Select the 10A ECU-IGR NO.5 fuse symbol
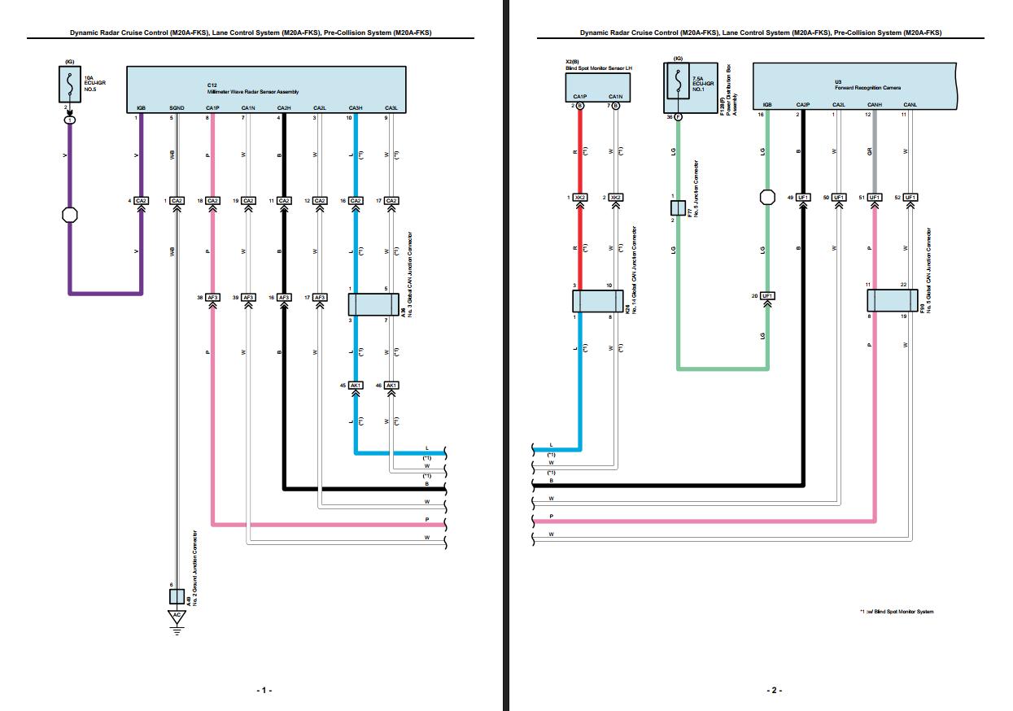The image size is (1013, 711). tap(70, 83)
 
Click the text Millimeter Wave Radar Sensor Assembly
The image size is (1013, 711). tap(252, 92)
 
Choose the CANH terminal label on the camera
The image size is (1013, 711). tap(875, 105)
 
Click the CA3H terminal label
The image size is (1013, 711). tap(356, 108)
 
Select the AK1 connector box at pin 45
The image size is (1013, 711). tap(356, 385)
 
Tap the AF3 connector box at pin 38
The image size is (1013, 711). tap(212, 297)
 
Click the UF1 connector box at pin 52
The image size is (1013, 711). tap(909, 198)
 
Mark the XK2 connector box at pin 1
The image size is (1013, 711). tap(580, 198)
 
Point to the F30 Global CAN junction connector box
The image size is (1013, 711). tap(891, 300)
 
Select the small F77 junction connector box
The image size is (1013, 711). tap(677, 207)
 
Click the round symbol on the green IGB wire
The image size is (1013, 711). tap(766, 198)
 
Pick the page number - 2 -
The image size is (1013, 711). tap(773, 690)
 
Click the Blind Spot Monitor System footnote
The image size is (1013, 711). tap(897, 611)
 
